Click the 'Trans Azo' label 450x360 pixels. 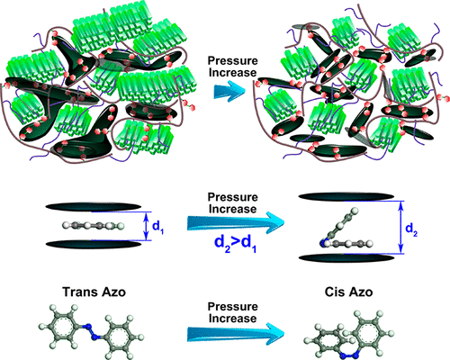click(94, 292)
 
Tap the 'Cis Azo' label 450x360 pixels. click(349, 292)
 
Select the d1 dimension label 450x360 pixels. click(157, 227)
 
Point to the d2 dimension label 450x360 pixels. click(411, 229)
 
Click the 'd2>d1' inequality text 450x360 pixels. click(236, 244)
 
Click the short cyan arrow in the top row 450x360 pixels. click(229, 90)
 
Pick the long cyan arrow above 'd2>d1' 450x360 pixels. click(236, 223)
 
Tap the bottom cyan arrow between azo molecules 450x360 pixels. click(236, 334)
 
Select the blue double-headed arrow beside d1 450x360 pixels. click(146, 226)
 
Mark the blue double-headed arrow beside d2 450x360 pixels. click(401, 228)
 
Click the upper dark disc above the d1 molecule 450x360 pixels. click(94, 207)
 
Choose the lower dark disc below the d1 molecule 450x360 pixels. click(94, 244)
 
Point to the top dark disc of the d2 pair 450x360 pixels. click(346, 196)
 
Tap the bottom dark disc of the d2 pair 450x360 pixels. click(346, 258)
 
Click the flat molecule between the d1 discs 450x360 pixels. click(94, 225)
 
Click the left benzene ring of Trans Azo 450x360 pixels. click(62, 323)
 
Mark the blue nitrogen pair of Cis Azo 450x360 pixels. click(349, 356)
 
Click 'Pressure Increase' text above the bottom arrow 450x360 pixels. click(233, 312)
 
